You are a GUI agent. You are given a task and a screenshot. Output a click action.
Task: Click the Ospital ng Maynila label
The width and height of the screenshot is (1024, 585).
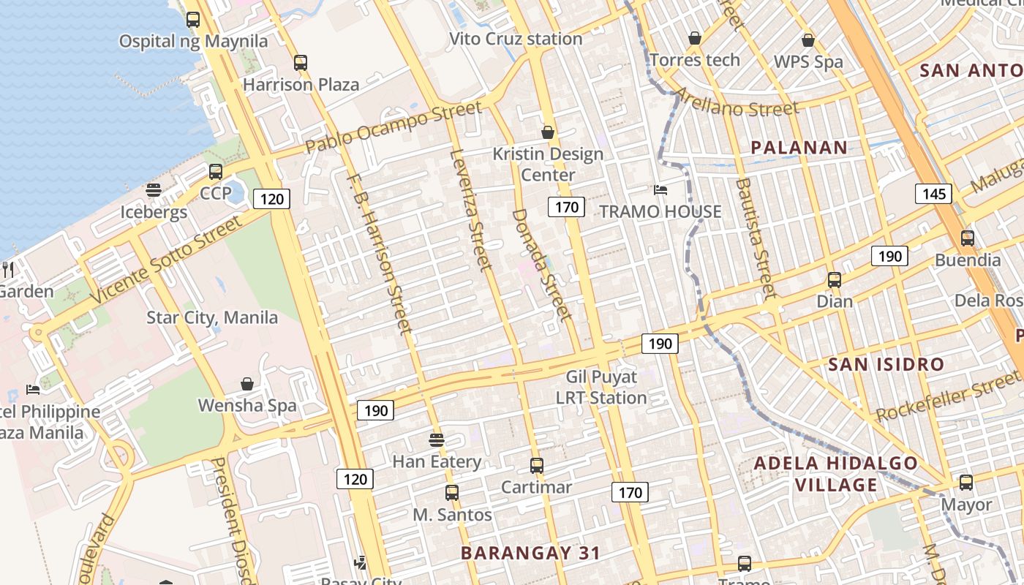click(x=193, y=41)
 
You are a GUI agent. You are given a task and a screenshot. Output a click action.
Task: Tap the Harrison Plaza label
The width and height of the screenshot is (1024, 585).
click(x=301, y=84)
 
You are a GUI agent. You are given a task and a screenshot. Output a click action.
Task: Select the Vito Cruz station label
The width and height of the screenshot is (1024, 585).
click(x=516, y=39)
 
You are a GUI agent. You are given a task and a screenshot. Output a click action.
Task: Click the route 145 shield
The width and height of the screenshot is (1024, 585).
click(x=933, y=194)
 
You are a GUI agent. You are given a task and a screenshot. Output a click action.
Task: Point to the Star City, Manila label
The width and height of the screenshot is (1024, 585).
click(x=212, y=317)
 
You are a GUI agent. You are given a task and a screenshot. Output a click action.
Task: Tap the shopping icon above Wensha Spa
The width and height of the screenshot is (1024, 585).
click(x=247, y=384)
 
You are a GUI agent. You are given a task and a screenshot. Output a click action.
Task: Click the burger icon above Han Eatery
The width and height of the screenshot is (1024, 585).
click(x=437, y=440)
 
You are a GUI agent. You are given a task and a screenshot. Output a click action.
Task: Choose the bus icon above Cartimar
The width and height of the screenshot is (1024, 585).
click(x=537, y=465)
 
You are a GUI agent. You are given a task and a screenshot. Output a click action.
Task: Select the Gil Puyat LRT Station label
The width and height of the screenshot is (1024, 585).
click(x=601, y=388)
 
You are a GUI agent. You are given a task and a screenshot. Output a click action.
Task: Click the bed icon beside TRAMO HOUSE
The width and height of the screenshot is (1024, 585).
click(x=660, y=190)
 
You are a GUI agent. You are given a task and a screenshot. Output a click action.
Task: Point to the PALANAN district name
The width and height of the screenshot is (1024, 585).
click(x=799, y=148)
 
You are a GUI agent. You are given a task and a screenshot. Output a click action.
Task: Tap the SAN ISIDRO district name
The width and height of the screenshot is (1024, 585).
click(x=886, y=364)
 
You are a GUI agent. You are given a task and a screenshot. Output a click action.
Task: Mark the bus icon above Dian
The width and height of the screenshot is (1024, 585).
click(x=835, y=279)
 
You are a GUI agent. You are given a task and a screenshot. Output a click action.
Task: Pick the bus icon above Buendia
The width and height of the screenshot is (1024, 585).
click(x=968, y=238)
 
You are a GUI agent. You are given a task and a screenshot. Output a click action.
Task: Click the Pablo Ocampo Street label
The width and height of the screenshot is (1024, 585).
click(x=394, y=127)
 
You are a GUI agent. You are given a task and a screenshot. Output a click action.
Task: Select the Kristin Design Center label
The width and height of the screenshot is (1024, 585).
click(x=548, y=164)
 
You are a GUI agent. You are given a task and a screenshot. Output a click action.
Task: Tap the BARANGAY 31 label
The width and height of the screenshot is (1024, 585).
click(x=530, y=553)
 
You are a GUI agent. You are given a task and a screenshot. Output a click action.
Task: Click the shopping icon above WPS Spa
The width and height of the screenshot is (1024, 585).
click(x=808, y=40)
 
